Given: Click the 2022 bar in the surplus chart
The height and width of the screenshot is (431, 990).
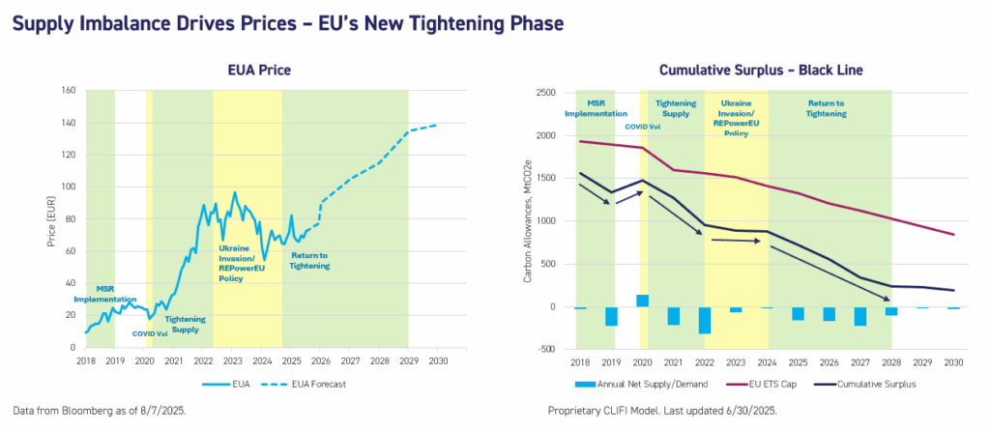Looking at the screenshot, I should (705, 320).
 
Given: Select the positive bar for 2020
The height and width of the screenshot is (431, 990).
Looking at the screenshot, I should (642, 301).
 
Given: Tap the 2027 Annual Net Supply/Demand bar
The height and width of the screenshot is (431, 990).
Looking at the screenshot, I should (860, 316).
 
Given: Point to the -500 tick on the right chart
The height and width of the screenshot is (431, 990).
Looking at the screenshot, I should (543, 350).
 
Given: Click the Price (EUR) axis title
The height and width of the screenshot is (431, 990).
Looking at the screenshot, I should (52, 219).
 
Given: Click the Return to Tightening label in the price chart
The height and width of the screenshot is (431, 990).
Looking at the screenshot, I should (309, 260).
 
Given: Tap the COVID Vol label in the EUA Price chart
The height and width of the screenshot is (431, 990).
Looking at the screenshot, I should (152, 333).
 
